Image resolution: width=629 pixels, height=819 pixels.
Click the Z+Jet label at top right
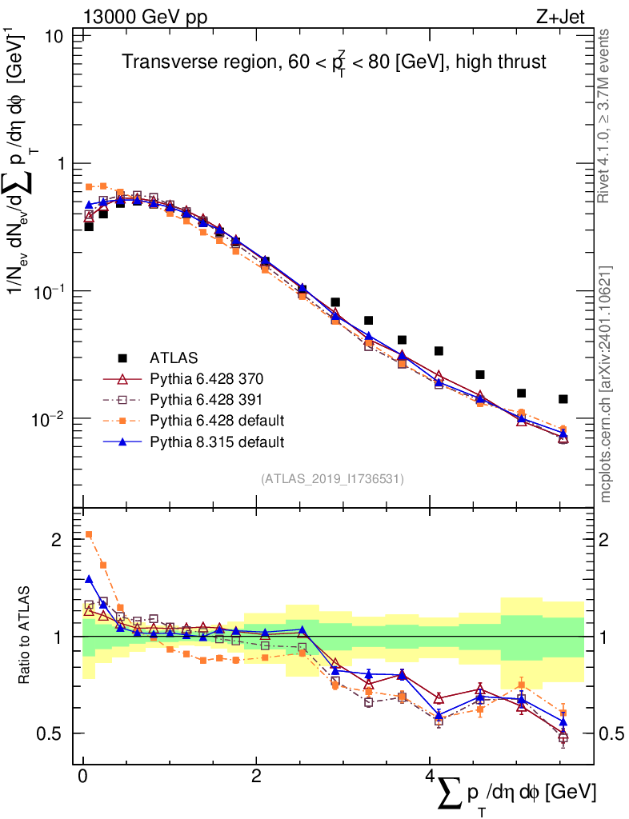[571, 15]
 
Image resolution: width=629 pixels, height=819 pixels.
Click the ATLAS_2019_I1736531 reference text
[332, 479]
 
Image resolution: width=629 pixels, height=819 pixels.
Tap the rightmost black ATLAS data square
[563, 399]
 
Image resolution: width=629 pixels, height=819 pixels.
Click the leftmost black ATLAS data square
[89, 226]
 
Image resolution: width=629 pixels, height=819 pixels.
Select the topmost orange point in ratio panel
[89, 534]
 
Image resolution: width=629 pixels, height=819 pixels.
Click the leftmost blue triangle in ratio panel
[89, 579]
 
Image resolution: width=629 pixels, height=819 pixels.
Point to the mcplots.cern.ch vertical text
[606, 384]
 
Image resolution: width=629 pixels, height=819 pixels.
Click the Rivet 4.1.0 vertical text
[606, 116]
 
